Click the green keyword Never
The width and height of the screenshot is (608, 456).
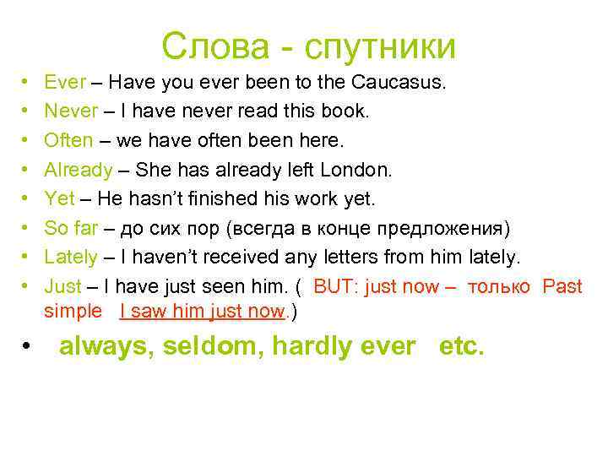pyautogui.click(x=70, y=111)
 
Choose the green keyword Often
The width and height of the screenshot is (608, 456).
pyautogui.click(x=68, y=140)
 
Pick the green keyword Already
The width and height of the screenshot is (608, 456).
pyautogui.click(x=78, y=170)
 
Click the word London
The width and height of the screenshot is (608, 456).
pyautogui.click(x=358, y=170)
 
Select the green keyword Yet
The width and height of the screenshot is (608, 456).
pyautogui.click(x=59, y=198)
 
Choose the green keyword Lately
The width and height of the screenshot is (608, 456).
pyautogui.click(x=70, y=257)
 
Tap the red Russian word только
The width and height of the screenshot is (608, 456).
pyautogui.click(x=498, y=286)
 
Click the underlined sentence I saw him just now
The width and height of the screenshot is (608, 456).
pyautogui.click(x=203, y=311)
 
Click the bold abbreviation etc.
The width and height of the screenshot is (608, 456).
pyautogui.click(x=462, y=346)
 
